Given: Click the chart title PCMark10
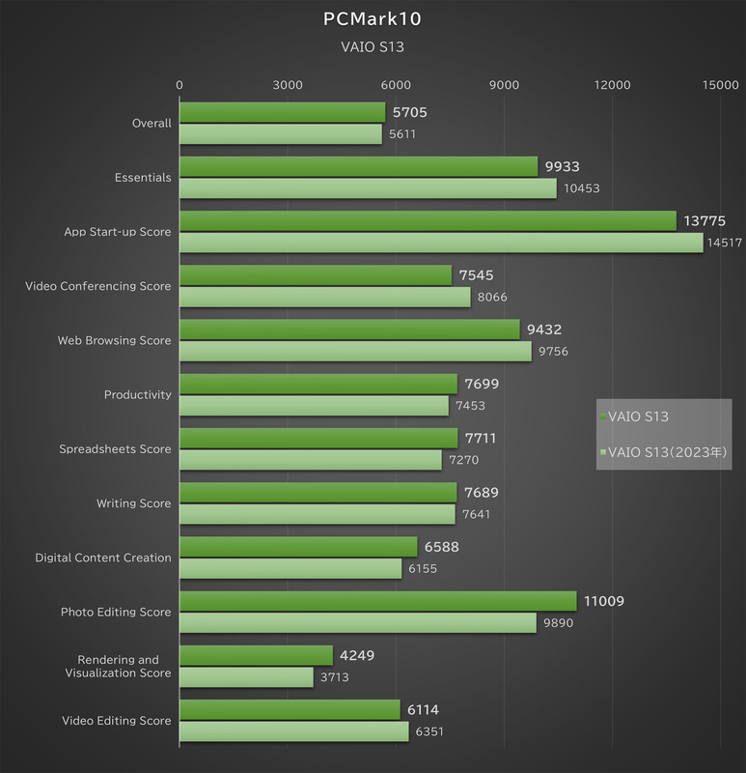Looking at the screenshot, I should [373, 18].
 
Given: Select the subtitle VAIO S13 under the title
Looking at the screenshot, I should [373, 46].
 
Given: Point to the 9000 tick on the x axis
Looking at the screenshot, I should [505, 85].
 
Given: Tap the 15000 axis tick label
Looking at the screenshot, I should [721, 85].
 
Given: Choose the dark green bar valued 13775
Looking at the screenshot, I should [428, 221].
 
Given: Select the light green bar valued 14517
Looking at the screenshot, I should [441, 243].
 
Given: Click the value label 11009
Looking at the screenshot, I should [603, 601].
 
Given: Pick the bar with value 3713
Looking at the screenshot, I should [246, 677].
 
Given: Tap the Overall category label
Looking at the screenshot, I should [152, 123].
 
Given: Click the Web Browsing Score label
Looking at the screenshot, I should [114, 340].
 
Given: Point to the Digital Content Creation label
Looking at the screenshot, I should [103, 558].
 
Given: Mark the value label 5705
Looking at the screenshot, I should [409, 112].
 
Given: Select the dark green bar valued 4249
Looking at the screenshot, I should [256, 655].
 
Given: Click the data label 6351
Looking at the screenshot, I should [434, 731].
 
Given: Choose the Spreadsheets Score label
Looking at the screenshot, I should [115, 448].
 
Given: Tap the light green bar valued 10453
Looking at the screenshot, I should [368, 188].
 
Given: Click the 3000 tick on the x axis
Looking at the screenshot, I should [288, 85].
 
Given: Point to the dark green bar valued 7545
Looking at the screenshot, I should [316, 275].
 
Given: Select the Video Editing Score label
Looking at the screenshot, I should [116, 720].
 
